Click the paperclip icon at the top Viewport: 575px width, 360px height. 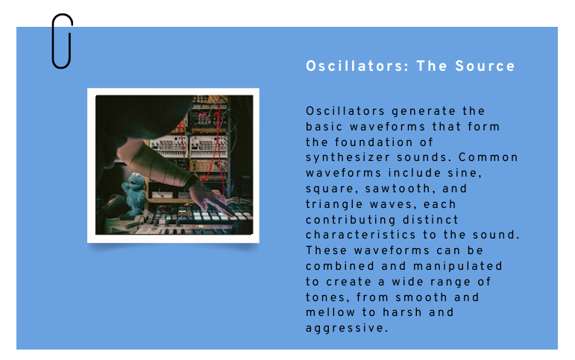pyautogui.click(x=62, y=41)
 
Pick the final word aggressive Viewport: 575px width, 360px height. pyautogui.click(x=347, y=329)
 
